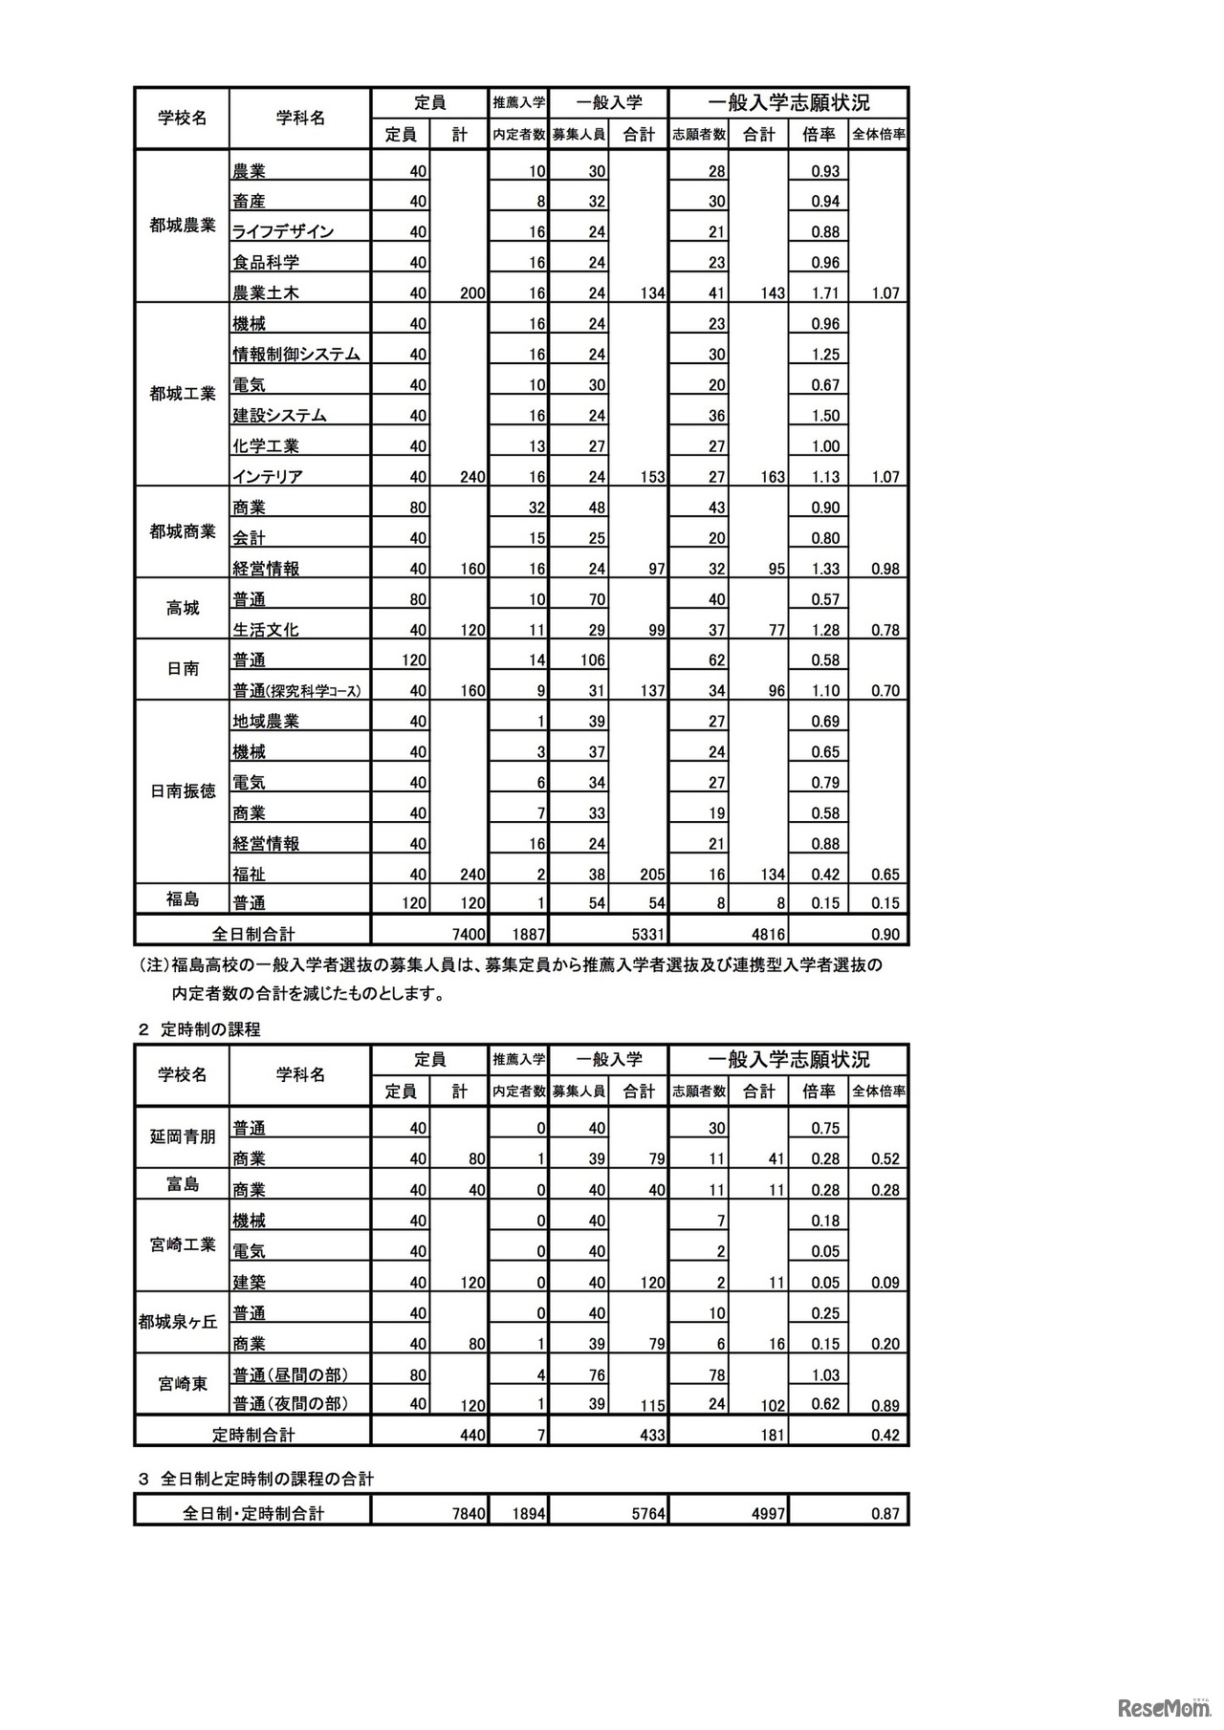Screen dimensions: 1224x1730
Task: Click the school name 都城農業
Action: click(183, 227)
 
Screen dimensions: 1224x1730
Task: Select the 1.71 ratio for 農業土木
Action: click(824, 293)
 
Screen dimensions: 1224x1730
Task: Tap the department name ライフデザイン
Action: click(283, 231)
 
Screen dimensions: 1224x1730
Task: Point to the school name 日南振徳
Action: click(183, 791)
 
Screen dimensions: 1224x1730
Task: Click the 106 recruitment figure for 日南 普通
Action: click(591, 660)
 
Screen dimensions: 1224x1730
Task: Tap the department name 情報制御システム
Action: click(296, 354)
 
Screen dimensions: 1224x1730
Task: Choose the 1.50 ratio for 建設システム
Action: click(824, 416)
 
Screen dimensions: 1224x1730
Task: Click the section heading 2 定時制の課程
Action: click(199, 1029)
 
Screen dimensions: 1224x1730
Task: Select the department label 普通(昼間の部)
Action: click(289, 1374)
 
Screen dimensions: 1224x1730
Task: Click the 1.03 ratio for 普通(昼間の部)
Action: click(824, 1374)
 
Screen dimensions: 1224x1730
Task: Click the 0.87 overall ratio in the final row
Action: click(885, 1514)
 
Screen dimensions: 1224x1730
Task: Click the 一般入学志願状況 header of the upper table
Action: click(789, 102)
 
